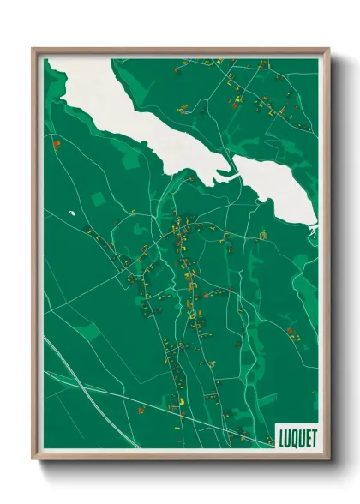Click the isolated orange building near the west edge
pyautogui.click(x=57, y=144)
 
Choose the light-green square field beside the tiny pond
pyautogui.click(x=97, y=198)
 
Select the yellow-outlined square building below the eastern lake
pyautogui.click(x=264, y=233)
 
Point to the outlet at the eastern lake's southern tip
pyautogui.click(x=313, y=230)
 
